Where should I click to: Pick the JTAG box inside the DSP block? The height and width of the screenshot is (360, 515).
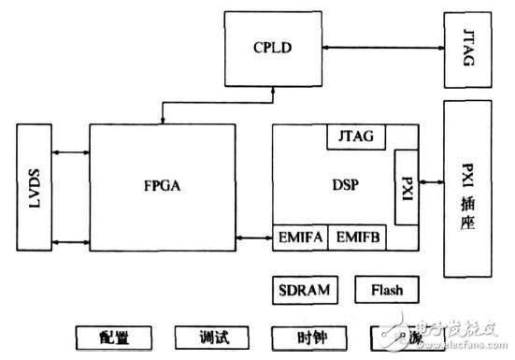click(x=354, y=137)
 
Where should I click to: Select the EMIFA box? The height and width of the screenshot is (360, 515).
click(x=299, y=236)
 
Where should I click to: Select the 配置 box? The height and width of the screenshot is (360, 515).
click(x=114, y=336)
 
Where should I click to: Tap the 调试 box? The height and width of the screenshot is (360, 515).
click(x=211, y=336)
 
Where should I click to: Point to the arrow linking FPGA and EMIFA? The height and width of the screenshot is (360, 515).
click(x=252, y=236)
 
